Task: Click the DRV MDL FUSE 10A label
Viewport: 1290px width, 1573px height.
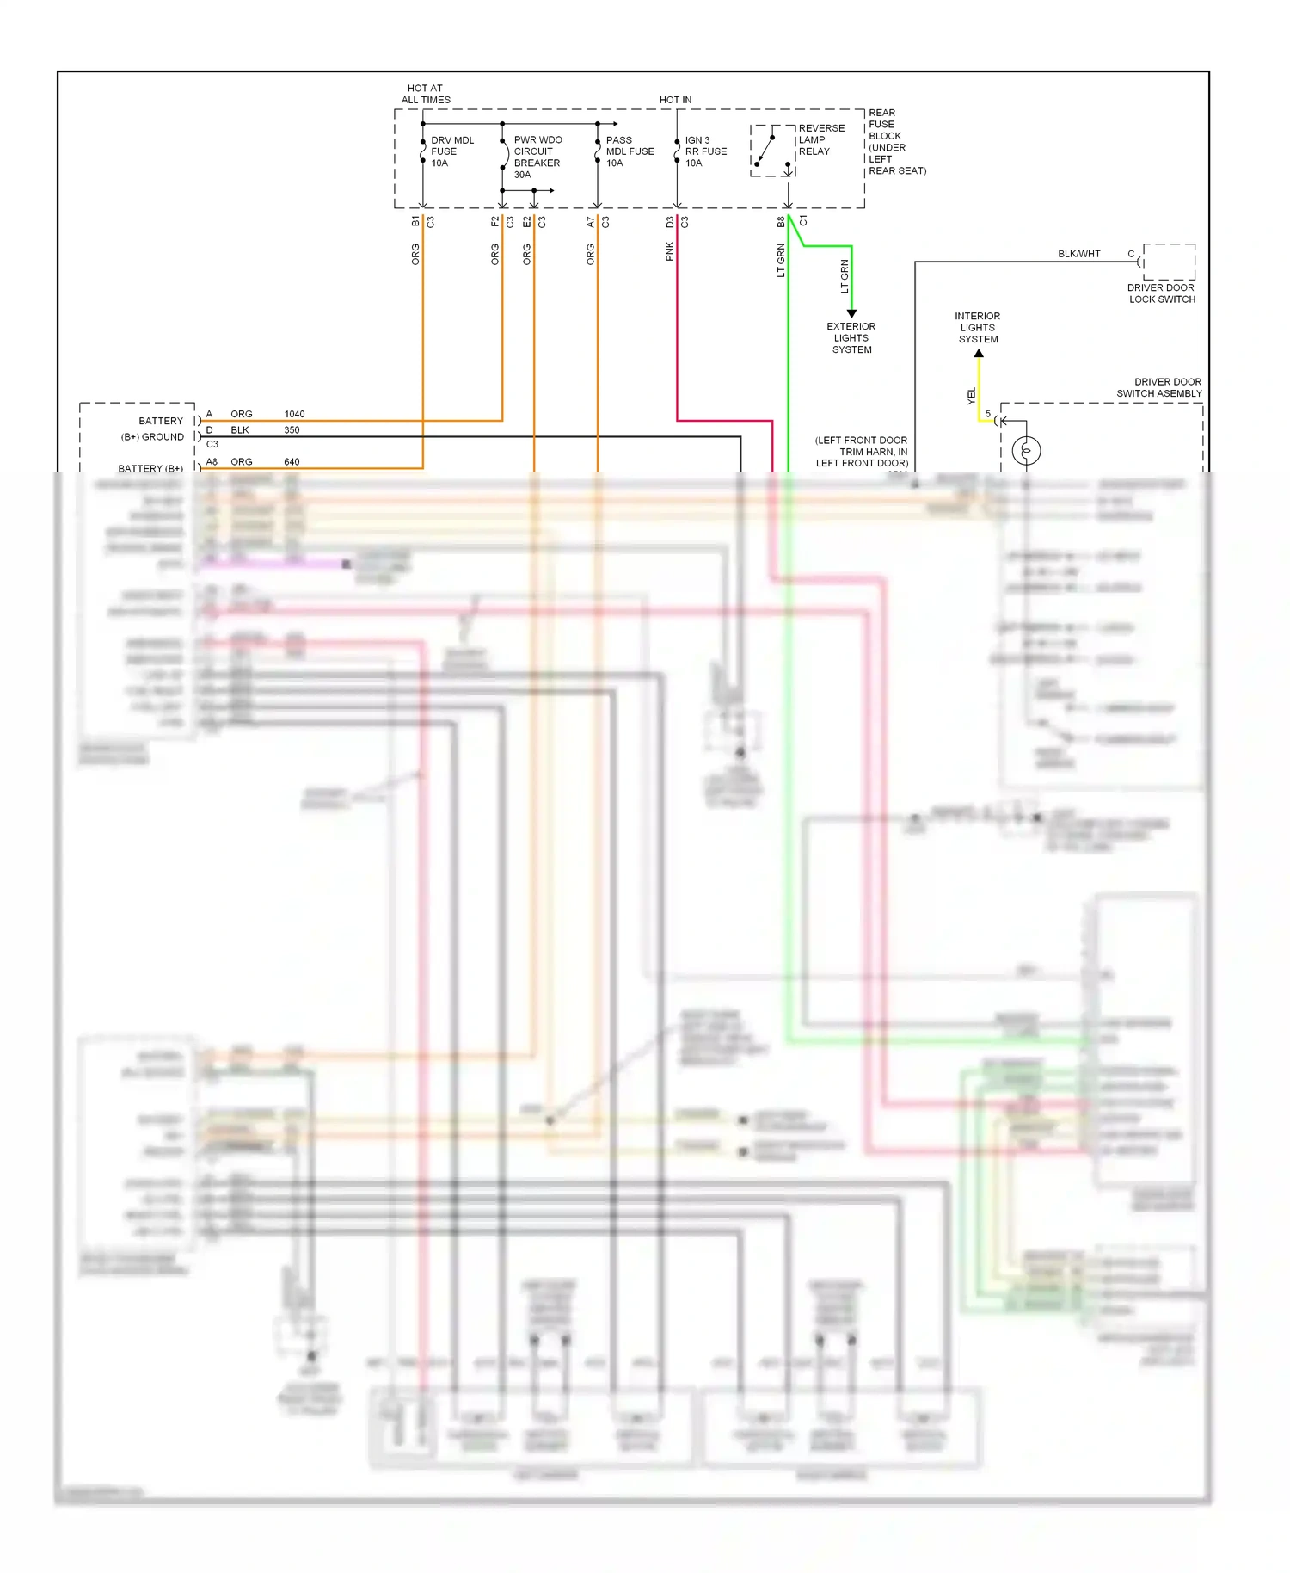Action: coord(451,151)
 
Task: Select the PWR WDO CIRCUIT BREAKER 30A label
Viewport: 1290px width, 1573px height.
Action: coord(537,157)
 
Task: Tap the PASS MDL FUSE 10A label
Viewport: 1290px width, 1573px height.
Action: coord(629,151)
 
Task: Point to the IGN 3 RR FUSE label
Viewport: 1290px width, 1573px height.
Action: coord(705,151)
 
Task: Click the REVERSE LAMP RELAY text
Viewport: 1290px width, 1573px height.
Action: coord(820,139)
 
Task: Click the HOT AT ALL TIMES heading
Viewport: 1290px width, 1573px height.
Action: coord(426,94)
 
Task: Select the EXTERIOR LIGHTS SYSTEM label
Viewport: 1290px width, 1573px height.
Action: coord(851,338)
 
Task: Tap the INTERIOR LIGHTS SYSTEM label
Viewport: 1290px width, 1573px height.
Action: coord(978,328)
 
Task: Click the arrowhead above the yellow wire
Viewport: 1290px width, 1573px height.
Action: coord(979,353)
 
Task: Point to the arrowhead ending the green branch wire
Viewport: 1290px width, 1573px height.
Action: coord(851,314)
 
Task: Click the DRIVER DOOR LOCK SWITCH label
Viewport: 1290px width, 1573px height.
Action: coord(1162,293)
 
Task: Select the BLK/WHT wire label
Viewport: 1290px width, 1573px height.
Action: coord(1078,254)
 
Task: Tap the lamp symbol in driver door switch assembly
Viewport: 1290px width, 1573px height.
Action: coord(1026,450)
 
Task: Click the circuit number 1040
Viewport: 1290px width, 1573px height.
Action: coord(294,414)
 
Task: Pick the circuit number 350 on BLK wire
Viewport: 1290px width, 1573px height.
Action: coord(292,430)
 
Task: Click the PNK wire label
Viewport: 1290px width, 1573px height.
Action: coord(669,251)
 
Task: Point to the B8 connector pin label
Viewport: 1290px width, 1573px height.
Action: coord(781,222)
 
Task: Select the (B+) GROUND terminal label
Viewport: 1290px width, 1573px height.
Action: coord(152,437)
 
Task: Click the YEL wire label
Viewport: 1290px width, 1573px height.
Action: coord(971,396)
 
